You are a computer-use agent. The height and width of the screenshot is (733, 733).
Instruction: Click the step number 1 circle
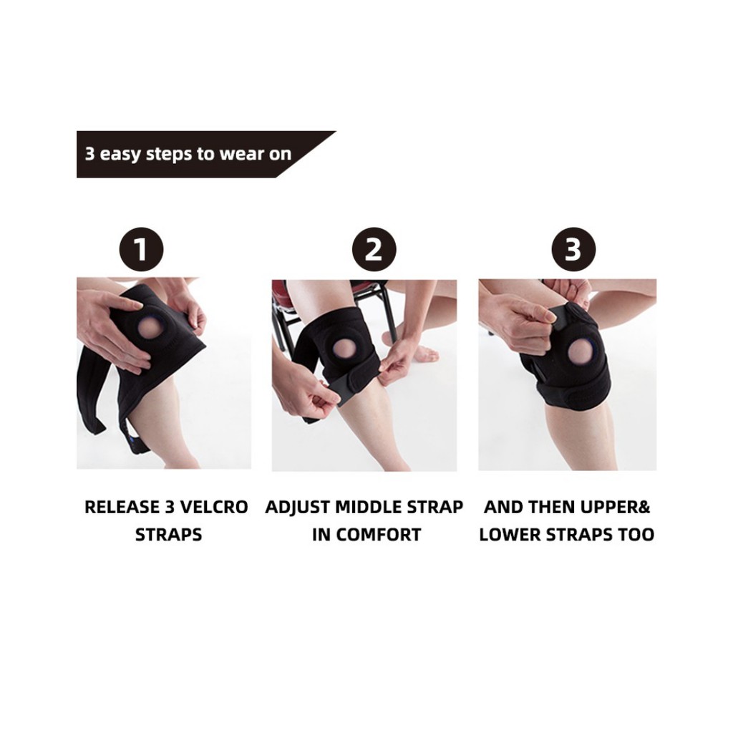point(141,249)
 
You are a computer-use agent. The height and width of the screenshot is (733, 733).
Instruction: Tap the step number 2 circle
point(374,249)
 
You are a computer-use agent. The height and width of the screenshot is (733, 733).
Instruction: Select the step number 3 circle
point(573,249)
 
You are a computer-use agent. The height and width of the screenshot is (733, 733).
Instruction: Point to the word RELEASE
point(122,508)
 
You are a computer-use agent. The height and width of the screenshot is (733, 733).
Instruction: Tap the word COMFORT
point(379,535)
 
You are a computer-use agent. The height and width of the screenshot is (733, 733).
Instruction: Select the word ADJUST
point(297,508)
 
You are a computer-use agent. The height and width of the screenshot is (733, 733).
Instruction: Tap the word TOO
point(636,535)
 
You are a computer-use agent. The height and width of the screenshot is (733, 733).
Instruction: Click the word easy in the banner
point(120,155)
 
